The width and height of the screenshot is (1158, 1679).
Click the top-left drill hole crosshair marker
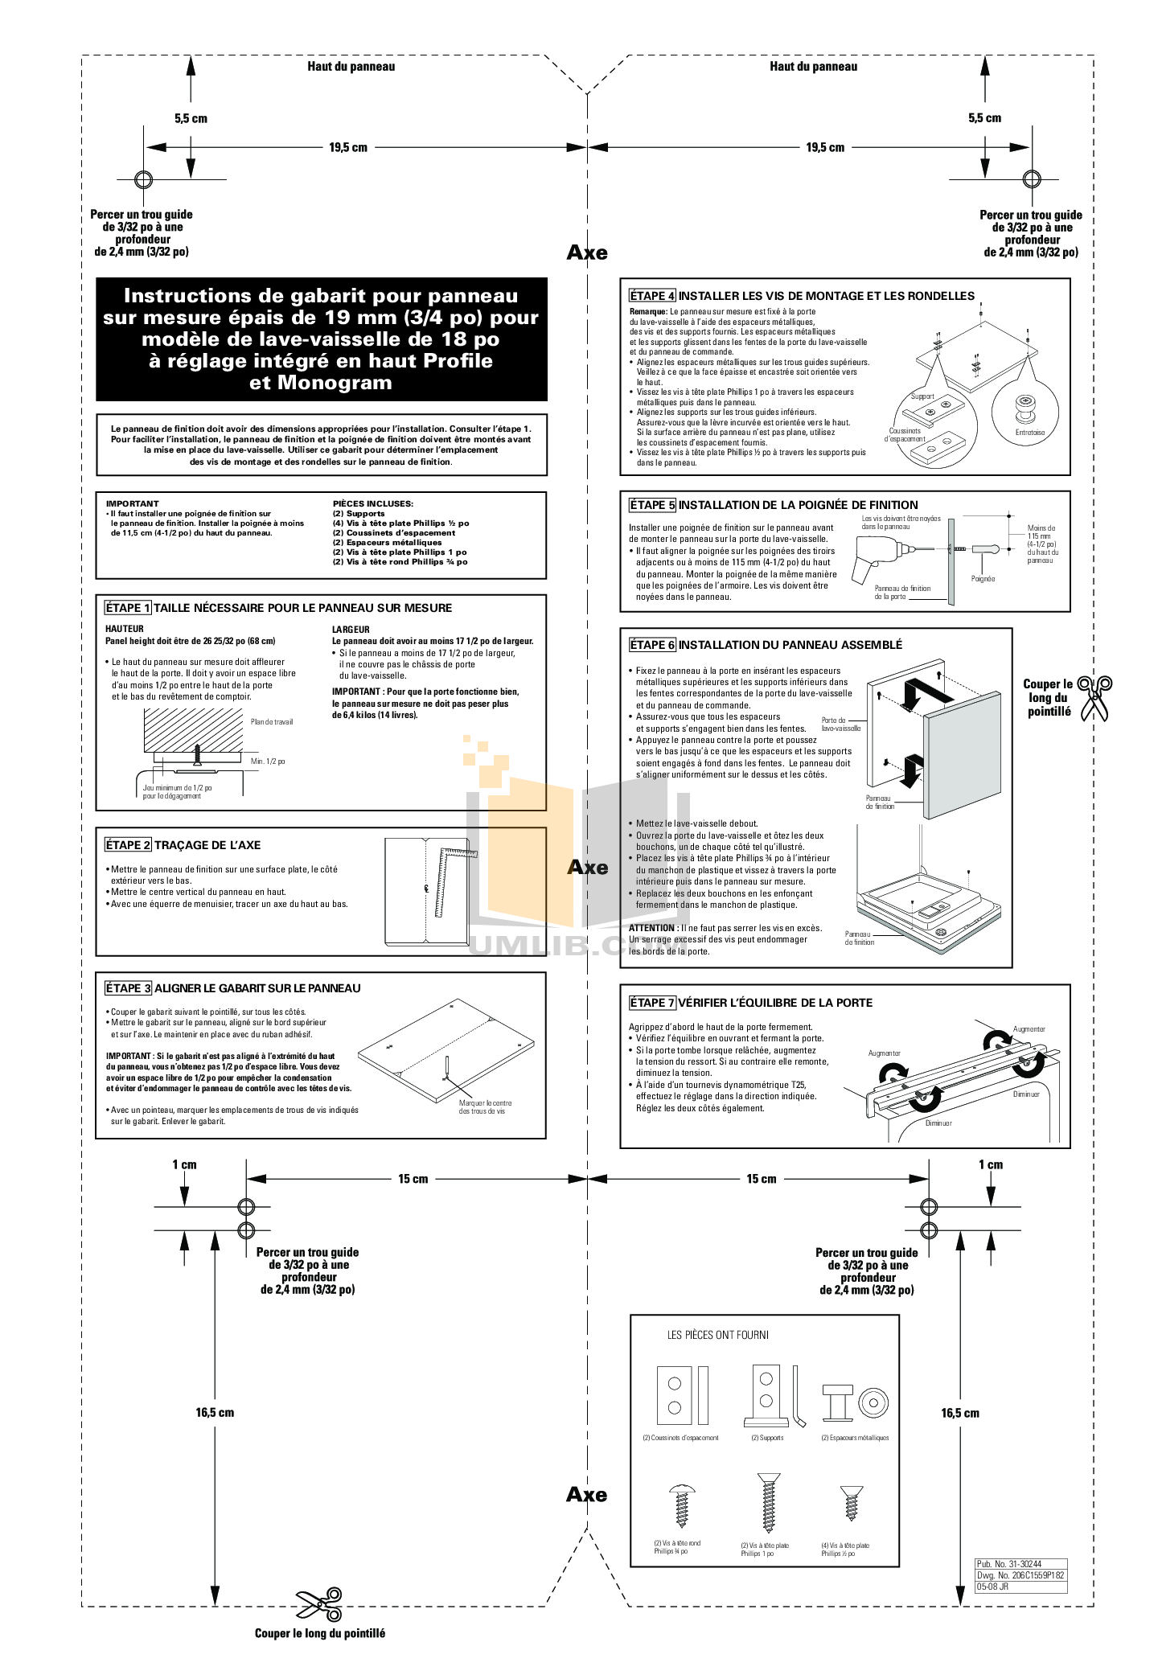point(143,179)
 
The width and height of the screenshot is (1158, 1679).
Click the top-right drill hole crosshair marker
point(1031,179)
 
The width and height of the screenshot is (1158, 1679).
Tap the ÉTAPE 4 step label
point(652,296)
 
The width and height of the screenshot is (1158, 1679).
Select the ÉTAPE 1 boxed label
point(128,608)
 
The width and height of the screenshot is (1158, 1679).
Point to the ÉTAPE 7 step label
point(652,1003)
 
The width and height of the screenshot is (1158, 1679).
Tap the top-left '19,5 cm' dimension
point(348,148)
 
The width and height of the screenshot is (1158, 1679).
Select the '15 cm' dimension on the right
point(761,1179)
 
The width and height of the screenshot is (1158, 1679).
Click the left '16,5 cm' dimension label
point(215,1412)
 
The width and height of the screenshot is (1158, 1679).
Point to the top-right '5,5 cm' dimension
point(984,118)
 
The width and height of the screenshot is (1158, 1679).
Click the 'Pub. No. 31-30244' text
point(1009,1564)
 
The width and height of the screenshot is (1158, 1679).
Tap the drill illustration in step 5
point(879,559)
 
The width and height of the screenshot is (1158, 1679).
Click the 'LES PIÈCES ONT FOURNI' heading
point(718,1335)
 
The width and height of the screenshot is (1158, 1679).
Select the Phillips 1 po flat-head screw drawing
point(769,1503)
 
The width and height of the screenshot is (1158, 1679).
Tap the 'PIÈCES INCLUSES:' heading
point(373,503)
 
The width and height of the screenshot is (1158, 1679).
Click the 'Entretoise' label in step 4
point(1030,433)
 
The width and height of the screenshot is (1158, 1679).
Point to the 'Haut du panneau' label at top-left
point(351,67)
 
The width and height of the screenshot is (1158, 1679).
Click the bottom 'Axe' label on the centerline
point(586,1495)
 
